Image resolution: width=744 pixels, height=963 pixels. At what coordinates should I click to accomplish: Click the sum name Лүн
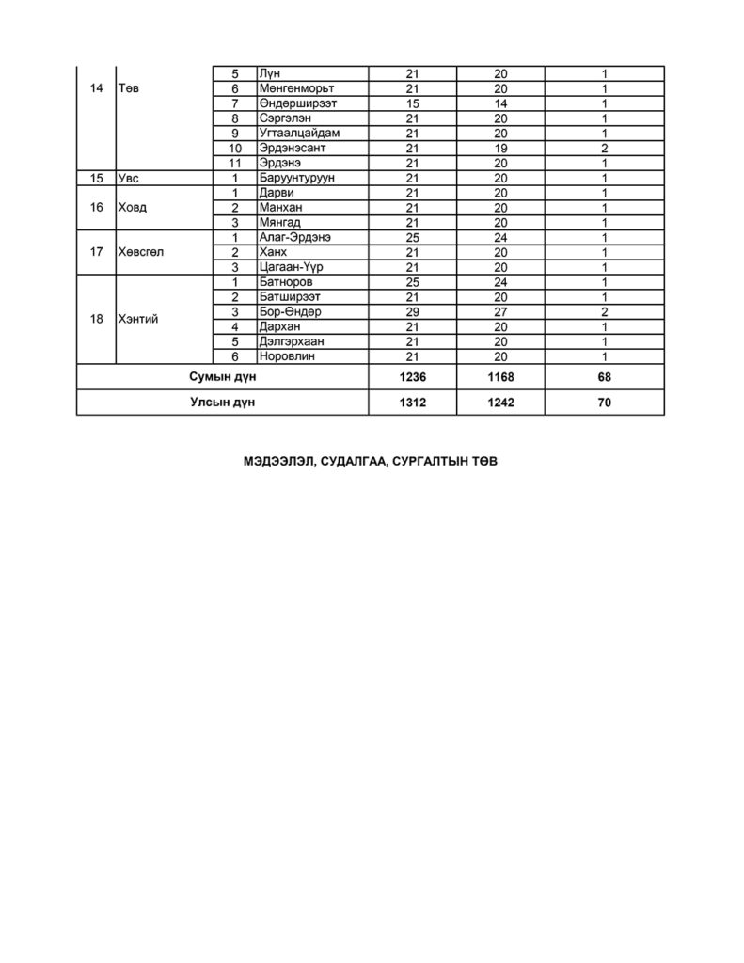click(x=270, y=73)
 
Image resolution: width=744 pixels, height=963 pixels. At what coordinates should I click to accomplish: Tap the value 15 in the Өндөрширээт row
click(x=411, y=103)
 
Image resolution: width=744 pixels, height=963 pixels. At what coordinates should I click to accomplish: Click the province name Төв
click(x=130, y=88)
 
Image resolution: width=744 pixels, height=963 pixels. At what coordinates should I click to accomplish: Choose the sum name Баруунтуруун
click(x=296, y=178)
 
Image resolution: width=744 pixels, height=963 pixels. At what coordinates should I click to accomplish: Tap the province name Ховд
click(x=133, y=208)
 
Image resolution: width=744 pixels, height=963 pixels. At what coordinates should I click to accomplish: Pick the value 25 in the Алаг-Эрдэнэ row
click(x=411, y=238)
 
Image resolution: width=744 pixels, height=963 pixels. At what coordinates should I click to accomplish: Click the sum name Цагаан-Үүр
click(x=289, y=267)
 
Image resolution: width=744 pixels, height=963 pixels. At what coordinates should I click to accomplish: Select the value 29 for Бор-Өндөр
click(x=411, y=312)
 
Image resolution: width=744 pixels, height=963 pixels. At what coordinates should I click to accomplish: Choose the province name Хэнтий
click(x=138, y=320)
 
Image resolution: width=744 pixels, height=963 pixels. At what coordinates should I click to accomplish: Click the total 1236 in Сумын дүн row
click(x=412, y=378)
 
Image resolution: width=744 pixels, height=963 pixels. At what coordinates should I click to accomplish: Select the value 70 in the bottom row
click(x=605, y=403)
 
